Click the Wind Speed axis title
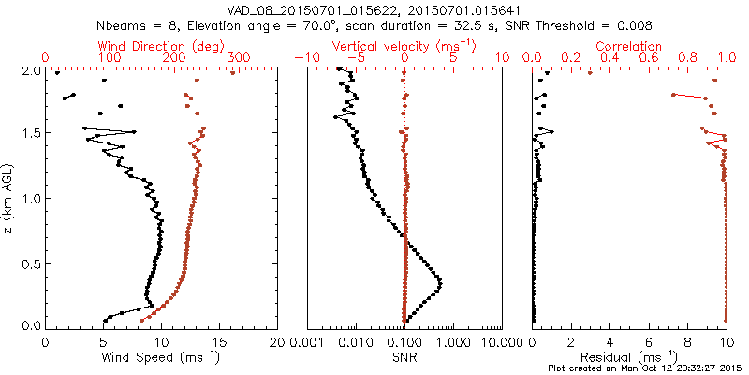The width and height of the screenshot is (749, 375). pyautogui.click(x=161, y=357)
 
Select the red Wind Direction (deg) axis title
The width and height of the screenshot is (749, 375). pyautogui.click(x=161, y=46)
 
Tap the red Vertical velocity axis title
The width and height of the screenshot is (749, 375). pyautogui.click(x=404, y=46)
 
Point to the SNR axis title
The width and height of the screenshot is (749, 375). pyautogui.click(x=404, y=357)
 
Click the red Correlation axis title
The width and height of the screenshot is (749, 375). pyautogui.click(x=629, y=46)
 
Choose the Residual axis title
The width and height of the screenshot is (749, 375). pyautogui.click(x=629, y=357)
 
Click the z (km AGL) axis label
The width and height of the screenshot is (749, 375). pyautogui.click(x=8, y=198)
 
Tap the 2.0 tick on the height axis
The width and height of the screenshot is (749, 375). pyautogui.click(x=29, y=70)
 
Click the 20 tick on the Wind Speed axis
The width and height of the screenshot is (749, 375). pyautogui.click(x=277, y=341)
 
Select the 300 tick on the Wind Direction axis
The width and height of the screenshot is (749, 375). pyautogui.click(x=239, y=58)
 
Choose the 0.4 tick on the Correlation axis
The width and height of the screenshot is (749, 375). pyautogui.click(x=609, y=58)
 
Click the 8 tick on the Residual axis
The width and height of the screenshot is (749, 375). pyautogui.click(x=688, y=341)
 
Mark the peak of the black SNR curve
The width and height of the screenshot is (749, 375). pyautogui.click(x=440, y=283)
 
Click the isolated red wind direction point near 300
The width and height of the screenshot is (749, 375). pyautogui.click(x=233, y=73)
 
